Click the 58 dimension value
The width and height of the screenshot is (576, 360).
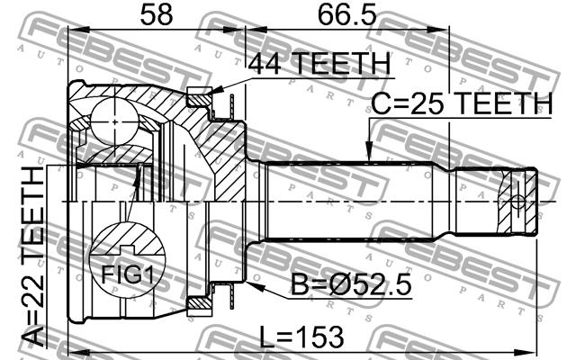156,15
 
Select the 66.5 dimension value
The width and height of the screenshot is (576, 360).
347,15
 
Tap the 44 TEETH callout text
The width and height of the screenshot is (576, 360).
319,64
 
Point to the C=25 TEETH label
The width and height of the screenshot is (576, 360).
462,103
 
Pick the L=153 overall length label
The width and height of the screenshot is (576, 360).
301,337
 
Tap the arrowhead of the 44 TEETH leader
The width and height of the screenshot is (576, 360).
217,90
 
